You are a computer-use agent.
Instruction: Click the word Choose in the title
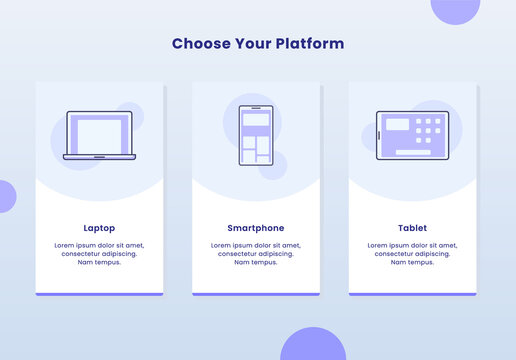pyautogui.click(x=198, y=44)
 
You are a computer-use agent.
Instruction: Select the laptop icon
pyautogui.click(x=99, y=135)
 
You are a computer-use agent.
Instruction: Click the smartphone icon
pyautogui.click(x=256, y=135)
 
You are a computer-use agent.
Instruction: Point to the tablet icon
pyautogui.click(x=412, y=135)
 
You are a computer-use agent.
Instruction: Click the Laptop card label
pyautogui.click(x=99, y=228)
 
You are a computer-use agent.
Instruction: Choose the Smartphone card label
pyautogui.click(x=256, y=228)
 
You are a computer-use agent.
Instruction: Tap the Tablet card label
pyautogui.click(x=412, y=228)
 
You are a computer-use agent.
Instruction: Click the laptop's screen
pyautogui.click(x=99, y=133)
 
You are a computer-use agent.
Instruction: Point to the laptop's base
pyautogui.click(x=99, y=157)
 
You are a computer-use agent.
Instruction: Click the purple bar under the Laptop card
pyautogui.click(x=99, y=294)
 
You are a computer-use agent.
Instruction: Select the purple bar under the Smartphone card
pyautogui.click(x=256, y=294)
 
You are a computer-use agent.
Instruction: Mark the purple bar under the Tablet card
pyautogui.click(x=412, y=294)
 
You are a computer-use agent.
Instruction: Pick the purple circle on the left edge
pyautogui.click(x=5, y=196)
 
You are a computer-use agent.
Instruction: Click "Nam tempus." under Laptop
pyautogui.click(x=99, y=262)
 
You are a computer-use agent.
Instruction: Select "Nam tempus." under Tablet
pyautogui.click(x=412, y=262)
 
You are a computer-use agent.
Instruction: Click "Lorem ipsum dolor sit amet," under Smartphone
pyautogui.click(x=256, y=245)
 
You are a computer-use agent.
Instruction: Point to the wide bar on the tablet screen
pyautogui.click(x=413, y=153)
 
